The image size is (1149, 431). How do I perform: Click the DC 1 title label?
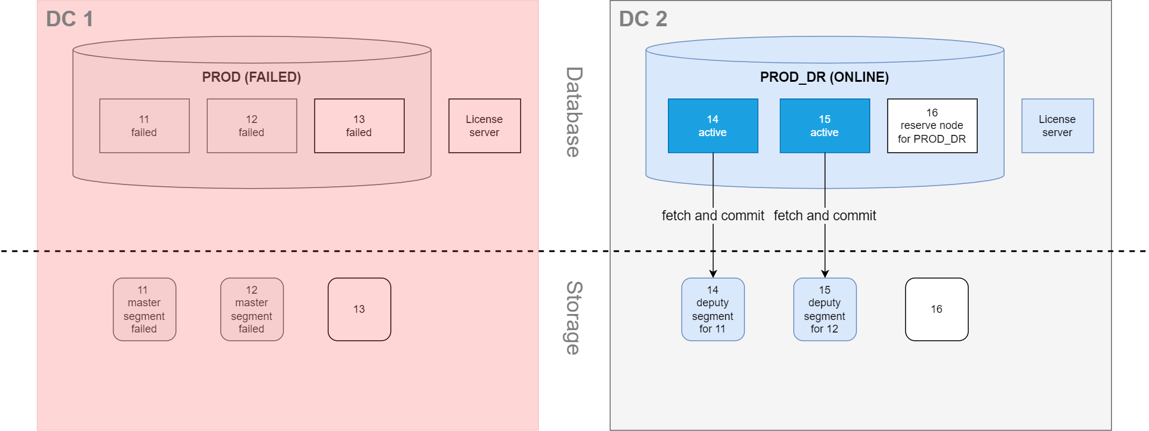[70, 19]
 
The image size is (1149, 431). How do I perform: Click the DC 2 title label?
[643, 19]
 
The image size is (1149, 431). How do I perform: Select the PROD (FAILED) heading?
[251, 77]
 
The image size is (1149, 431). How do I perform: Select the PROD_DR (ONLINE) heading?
[824, 77]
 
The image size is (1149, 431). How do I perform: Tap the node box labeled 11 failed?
[144, 126]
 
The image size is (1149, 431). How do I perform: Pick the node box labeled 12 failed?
[252, 126]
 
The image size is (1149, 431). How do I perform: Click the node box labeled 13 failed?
[359, 126]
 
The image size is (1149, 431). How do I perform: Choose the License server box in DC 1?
[485, 126]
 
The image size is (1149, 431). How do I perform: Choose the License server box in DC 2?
[1057, 126]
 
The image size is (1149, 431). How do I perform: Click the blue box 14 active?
[713, 126]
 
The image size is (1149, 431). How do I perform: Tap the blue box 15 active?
[824, 126]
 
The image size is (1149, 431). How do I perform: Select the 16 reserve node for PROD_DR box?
[932, 126]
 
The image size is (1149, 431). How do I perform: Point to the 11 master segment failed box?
[144, 309]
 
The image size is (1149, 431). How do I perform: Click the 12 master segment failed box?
[252, 309]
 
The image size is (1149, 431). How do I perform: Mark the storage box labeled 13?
[359, 309]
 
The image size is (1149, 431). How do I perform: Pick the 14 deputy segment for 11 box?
[713, 309]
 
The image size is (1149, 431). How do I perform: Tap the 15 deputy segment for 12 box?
[824, 309]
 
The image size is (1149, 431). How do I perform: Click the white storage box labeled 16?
[937, 309]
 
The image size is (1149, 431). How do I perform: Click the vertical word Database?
[573, 112]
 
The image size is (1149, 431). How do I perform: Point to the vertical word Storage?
[573, 318]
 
